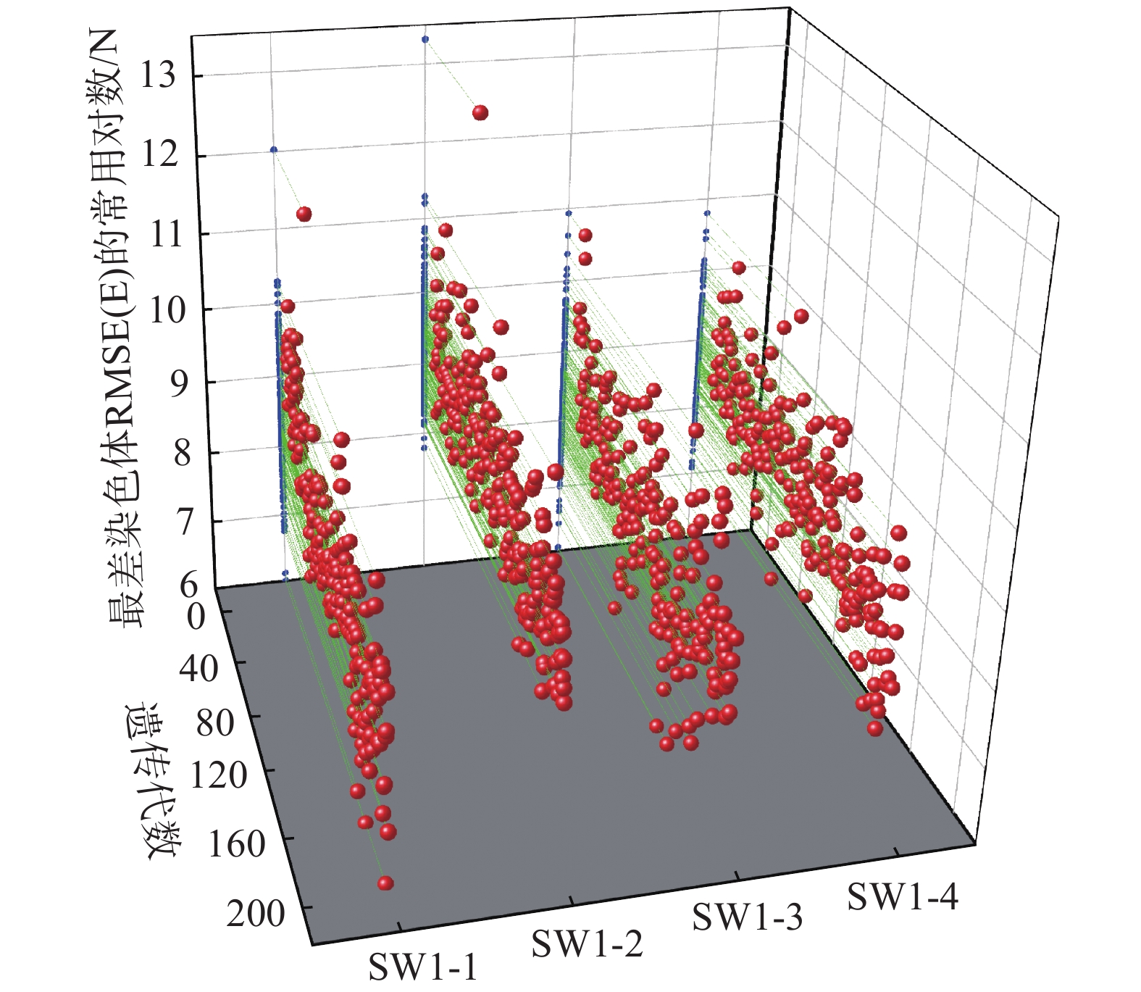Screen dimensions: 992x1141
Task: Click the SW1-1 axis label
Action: pos(423,967)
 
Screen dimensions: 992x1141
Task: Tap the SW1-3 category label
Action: pos(748,917)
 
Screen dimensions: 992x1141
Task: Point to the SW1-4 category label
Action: pos(903,896)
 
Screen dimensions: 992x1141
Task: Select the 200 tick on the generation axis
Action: pos(256,914)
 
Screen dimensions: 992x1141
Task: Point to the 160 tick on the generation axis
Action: pos(237,844)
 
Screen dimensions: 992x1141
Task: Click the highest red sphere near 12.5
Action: pos(480,112)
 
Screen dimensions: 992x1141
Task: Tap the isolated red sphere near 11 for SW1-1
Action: pos(304,214)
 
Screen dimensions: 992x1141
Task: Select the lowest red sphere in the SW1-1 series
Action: pos(385,883)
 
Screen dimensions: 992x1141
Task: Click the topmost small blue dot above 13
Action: pos(425,38)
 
